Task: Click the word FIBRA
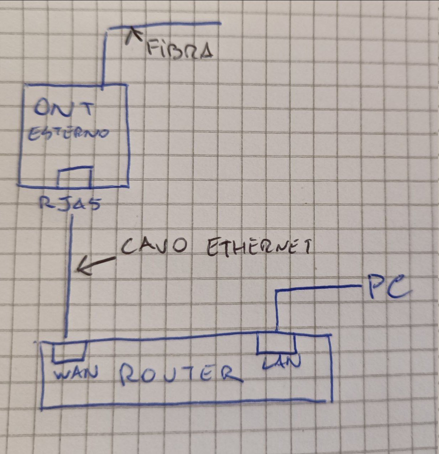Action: [180, 50]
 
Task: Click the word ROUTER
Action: [180, 375]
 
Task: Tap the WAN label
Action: [75, 374]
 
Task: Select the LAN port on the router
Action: [276, 343]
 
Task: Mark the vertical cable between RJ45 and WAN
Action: [69, 277]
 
